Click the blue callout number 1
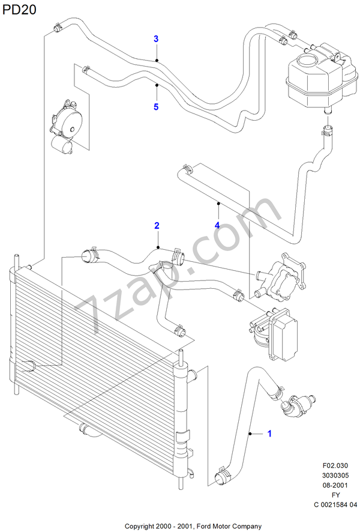point(269,434)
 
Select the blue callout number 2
point(157,226)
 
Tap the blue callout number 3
point(156,39)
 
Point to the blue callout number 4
point(217,225)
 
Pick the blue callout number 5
point(156,107)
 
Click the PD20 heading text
point(19,10)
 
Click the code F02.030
point(335,466)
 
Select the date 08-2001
point(335,485)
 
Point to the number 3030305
point(335,476)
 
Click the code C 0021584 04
point(335,504)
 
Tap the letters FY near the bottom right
point(335,495)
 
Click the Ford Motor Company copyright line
point(193,526)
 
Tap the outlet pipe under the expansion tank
point(328,110)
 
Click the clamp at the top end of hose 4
point(186,168)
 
